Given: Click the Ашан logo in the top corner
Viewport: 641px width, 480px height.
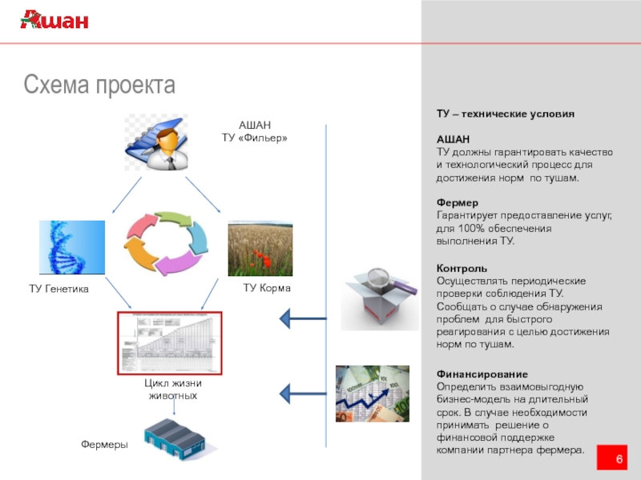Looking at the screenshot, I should [x=54, y=21].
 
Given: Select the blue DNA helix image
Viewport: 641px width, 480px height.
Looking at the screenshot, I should [x=72, y=247].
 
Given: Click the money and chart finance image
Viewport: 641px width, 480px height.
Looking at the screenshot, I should [x=372, y=394].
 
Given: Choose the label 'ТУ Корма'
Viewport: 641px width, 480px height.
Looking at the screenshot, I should [x=267, y=287].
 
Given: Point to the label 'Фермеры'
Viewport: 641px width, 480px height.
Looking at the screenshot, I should [x=104, y=444].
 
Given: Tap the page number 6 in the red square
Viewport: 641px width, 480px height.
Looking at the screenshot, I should [x=619, y=458].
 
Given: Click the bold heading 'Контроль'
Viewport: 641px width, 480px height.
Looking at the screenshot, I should [x=461, y=268].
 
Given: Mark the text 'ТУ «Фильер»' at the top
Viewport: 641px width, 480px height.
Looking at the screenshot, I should [x=254, y=138].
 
